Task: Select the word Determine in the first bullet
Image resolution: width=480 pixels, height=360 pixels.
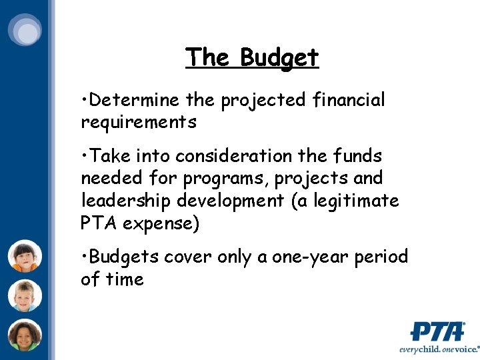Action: (x=133, y=101)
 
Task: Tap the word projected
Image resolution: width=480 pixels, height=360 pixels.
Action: (x=263, y=101)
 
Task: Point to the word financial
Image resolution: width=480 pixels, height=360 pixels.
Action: (x=348, y=101)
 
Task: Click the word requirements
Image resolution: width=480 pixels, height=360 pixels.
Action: (x=139, y=123)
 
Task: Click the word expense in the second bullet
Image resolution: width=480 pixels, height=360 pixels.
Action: (x=159, y=223)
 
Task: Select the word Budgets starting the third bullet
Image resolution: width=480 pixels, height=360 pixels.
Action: (x=124, y=257)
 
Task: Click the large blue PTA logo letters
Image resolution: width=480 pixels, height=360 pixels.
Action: (x=437, y=331)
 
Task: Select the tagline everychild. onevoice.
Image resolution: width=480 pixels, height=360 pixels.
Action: (x=439, y=349)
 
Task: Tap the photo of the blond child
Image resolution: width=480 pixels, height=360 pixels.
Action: (x=25, y=296)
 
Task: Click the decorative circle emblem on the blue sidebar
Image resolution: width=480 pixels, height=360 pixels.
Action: (x=25, y=31)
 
